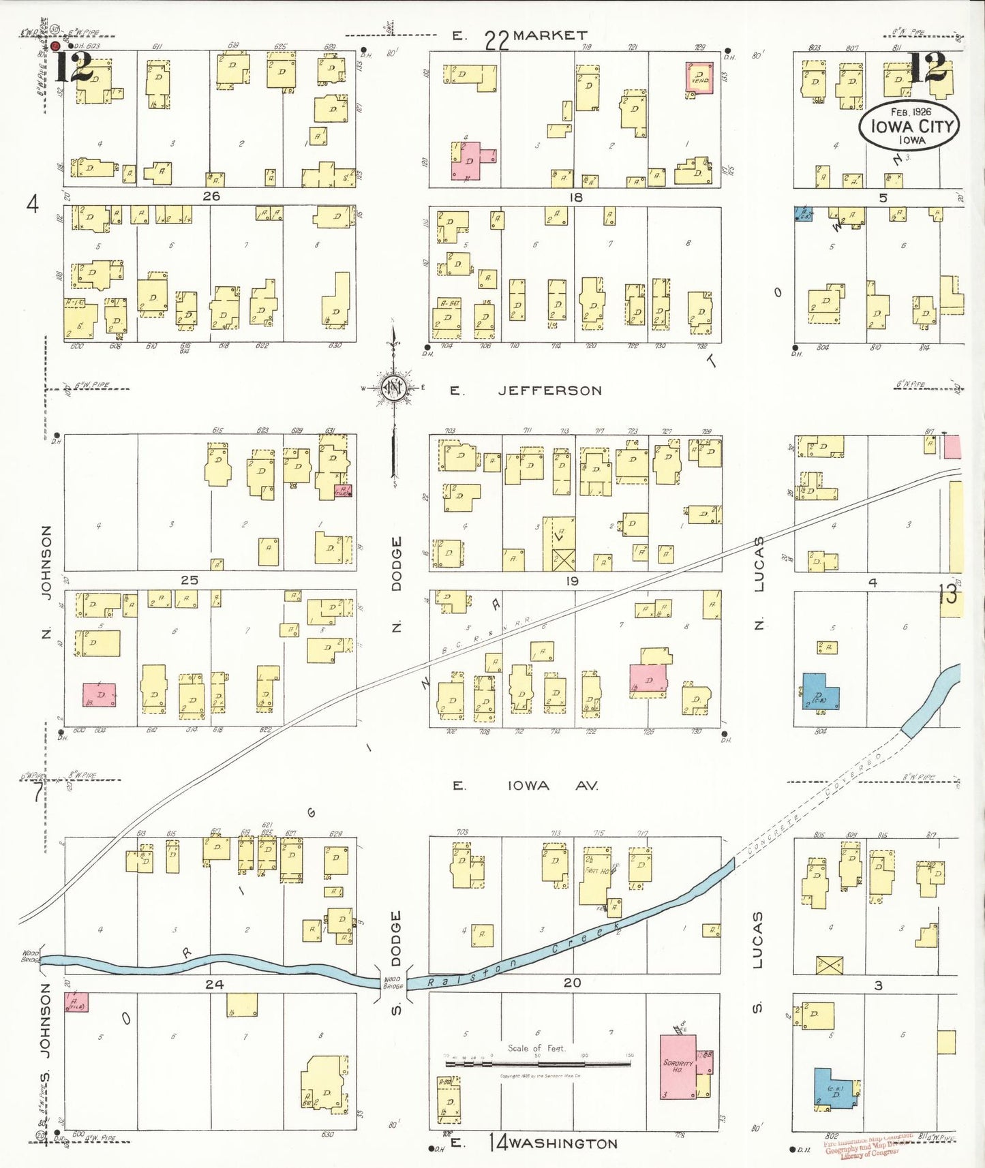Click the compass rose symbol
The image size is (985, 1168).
click(x=393, y=388)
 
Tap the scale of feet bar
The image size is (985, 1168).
click(x=537, y=1062)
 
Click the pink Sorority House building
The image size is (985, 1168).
click(x=678, y=1067)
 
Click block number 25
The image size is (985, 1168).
click(x=190, y=580)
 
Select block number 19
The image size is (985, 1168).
click(x=572, y=581)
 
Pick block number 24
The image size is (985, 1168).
click(x=214, y=984)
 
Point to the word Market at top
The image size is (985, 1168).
click(x=550, y=35)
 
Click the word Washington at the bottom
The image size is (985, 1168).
click(x=562, y=1143)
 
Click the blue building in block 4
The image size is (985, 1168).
click(x=820, y=692)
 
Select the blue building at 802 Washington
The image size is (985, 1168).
click(x=834, y=1088)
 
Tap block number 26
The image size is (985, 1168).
click(x=211, y=196)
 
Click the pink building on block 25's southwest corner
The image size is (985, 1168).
click(x=100, y=695)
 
